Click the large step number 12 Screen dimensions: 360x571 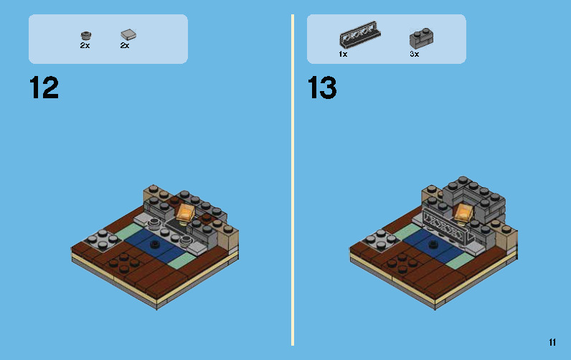pos(44,88)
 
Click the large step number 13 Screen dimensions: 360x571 pos(322,88)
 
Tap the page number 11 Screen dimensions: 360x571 pos(552,343)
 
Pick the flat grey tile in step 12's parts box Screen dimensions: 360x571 pos(128,34)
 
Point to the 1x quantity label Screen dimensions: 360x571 pos(343,55)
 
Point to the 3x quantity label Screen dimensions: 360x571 pos(414,55)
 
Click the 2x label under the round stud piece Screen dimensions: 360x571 pos(85,46)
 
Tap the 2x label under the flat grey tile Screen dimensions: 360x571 pos(125,46)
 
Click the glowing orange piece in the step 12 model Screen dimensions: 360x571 pos(185,212)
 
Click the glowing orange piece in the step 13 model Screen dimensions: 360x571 pos(464,212)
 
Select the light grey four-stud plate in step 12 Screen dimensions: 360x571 pos(100,240)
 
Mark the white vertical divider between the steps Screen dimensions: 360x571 pos(293,179)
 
